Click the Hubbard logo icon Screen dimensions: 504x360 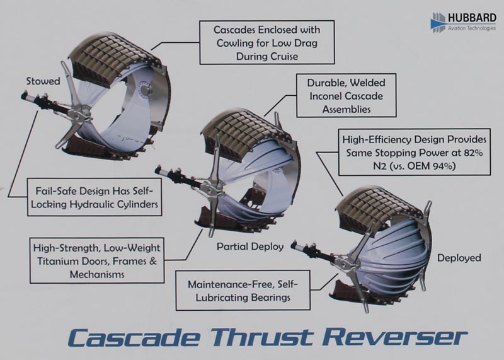pos(438,22)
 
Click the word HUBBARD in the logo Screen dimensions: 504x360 pos(472,18)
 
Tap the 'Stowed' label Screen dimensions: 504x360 pos(43,81)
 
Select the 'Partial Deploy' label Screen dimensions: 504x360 pos(250,247)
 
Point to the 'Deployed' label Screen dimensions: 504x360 pos(459,258)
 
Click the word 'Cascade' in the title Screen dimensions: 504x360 pos(134,337)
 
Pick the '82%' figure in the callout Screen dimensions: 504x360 pos(472,153)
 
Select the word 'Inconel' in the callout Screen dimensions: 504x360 pos(328,96)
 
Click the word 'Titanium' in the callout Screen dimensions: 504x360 pos(57,261)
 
